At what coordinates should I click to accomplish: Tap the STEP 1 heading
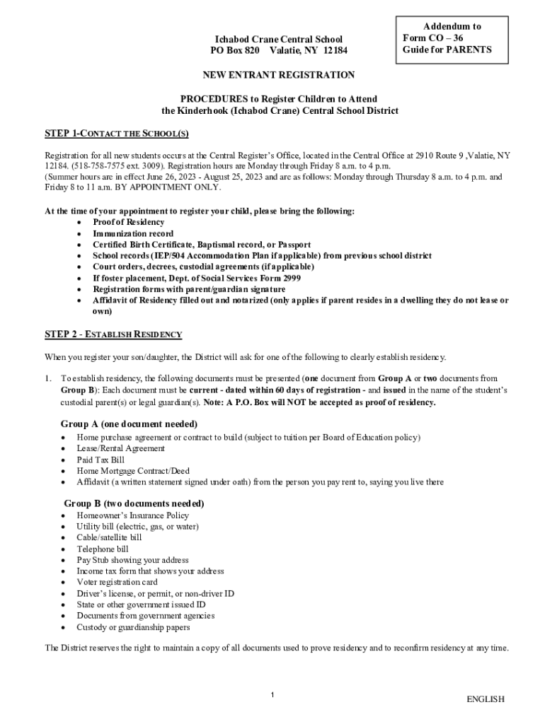click(x=117, y=134)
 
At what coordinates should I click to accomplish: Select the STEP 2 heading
click(x=113, y=334)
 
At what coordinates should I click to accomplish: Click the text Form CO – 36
click(x=433, y=37)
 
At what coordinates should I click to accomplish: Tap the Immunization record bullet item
click(x=133, y=233)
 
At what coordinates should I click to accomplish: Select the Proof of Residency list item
click(x=128, y=222)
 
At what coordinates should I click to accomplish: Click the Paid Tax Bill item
click(x=101, y=460)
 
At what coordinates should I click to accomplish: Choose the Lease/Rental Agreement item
click(x=121, y=448)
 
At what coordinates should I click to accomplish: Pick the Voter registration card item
click(x=117, y=582)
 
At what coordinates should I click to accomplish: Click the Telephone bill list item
click(x=103, y=549)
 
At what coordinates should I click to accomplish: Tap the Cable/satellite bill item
click(x=110, y=537)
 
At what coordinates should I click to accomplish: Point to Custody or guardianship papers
click(x=133, y=627)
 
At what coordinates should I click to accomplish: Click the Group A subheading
click(x=129, y=424)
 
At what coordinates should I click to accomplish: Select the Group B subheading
click(x=134, y=503)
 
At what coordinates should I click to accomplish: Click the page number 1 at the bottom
click(x=272, y=696)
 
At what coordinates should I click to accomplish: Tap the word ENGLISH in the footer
click(x=485, y=699)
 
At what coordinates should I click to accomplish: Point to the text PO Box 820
click(x=235, y=51)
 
